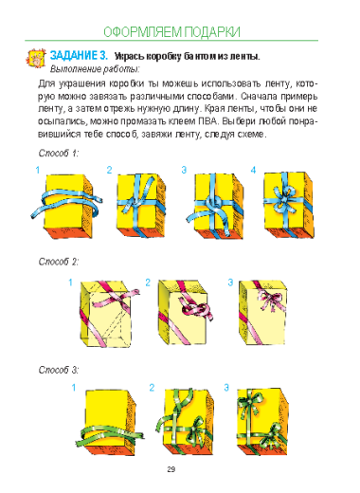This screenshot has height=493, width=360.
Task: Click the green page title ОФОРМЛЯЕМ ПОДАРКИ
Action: (x=171, y=32)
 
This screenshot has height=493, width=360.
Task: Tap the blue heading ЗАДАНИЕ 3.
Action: (x=79, y=56)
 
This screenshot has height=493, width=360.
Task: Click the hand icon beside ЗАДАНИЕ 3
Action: (x=36, y=58)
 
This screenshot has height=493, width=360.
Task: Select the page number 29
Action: (x=171, y=469)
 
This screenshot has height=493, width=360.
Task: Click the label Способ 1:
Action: (x=59, y=154)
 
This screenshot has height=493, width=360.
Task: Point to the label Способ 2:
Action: (x=59, y=262)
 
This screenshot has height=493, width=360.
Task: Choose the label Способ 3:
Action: (x=59, y=370)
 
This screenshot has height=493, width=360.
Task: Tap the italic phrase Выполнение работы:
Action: (x=95, y=69)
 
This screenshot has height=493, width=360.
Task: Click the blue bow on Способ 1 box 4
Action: (x=284, y=198)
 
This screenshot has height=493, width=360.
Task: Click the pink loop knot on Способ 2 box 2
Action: (x=196, y=310)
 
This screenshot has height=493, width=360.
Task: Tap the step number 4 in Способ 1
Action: (x=253, y=171)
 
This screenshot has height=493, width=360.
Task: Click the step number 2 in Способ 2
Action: (x=148, y=283)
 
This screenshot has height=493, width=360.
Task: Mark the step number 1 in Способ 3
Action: (x=74, y=388)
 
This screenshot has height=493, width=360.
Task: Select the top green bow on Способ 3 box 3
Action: (x=250, y=401)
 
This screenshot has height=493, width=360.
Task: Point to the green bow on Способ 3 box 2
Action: (x=196, y=428)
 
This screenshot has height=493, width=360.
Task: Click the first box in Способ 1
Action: (x=68, y=206)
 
